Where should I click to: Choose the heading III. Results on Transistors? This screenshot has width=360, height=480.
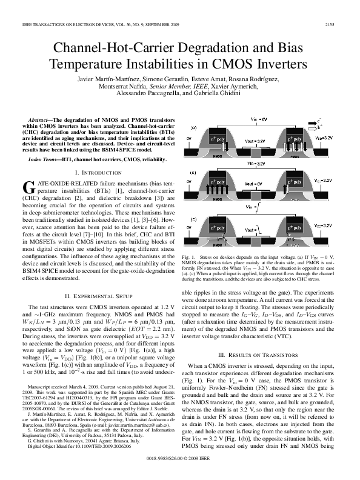tap(259, 353)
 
